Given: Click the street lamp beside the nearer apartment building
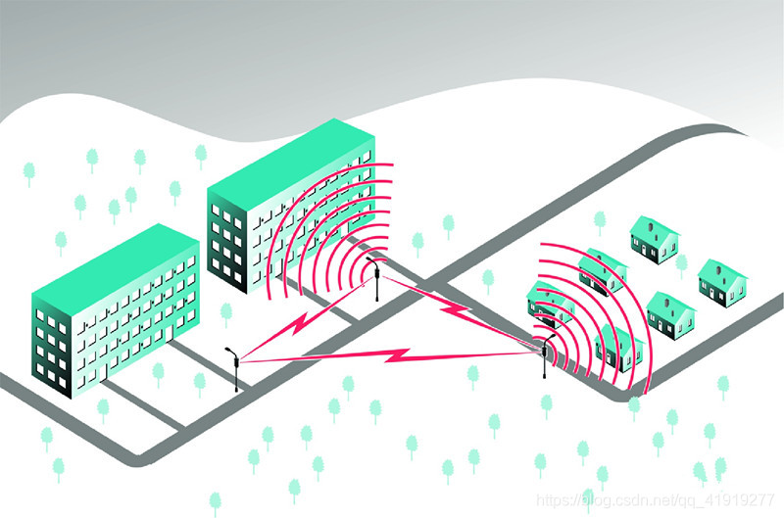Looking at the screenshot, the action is (235, 368).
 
